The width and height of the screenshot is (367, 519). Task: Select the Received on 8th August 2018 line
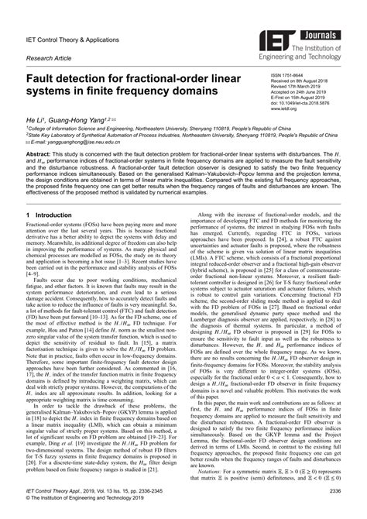coord(303,82)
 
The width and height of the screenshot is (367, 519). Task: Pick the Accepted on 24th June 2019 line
coord(301,93)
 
